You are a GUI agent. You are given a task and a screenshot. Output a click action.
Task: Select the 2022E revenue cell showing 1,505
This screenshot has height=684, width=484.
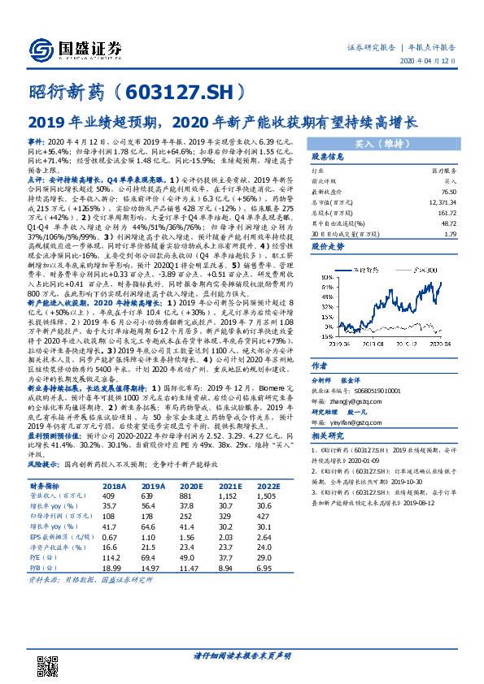[264, 496]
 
